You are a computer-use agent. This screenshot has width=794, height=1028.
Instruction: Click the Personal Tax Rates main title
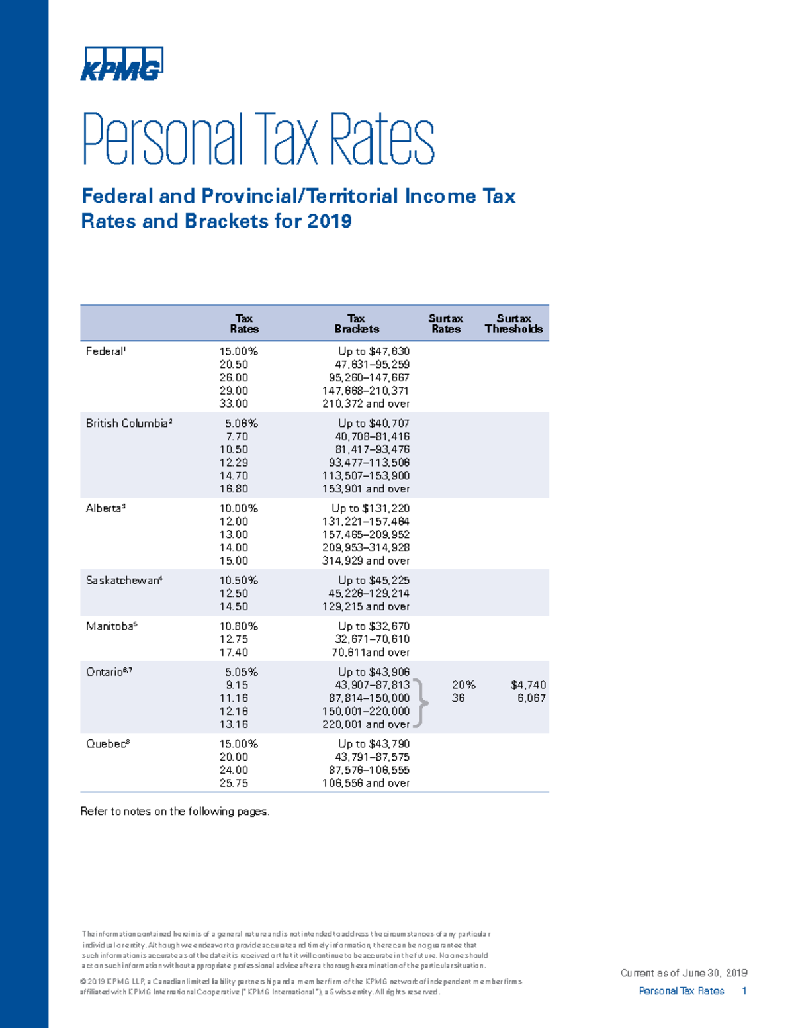tap(258, 140)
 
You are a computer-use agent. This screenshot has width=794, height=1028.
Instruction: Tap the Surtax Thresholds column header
tap(513, 324)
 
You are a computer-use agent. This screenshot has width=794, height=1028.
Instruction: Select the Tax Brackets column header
tap(357, 324)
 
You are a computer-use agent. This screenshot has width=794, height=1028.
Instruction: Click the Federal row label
tap(105, 351)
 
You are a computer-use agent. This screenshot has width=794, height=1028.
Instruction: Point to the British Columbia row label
tap(129, 424)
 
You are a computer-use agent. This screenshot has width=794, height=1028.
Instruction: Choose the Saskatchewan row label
tap(124, 581)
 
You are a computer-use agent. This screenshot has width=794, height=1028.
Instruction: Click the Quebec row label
tap(107, 744)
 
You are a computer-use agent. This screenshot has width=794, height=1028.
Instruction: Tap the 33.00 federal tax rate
tap(234, 404)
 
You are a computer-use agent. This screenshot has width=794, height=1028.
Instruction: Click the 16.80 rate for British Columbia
tap(234, 489)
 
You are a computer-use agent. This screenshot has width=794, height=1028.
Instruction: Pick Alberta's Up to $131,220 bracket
tap(370, 508)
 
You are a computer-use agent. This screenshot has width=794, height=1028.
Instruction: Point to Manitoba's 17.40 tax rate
tap(234, 653)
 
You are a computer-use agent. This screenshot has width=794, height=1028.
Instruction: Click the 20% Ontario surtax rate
tap(463, 685)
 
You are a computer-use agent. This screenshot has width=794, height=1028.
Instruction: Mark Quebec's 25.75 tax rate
tap(234, 783)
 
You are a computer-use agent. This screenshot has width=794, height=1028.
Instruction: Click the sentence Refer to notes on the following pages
tap(175, 812)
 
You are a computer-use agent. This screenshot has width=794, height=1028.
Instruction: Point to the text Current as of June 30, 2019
tap(684, 973)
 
